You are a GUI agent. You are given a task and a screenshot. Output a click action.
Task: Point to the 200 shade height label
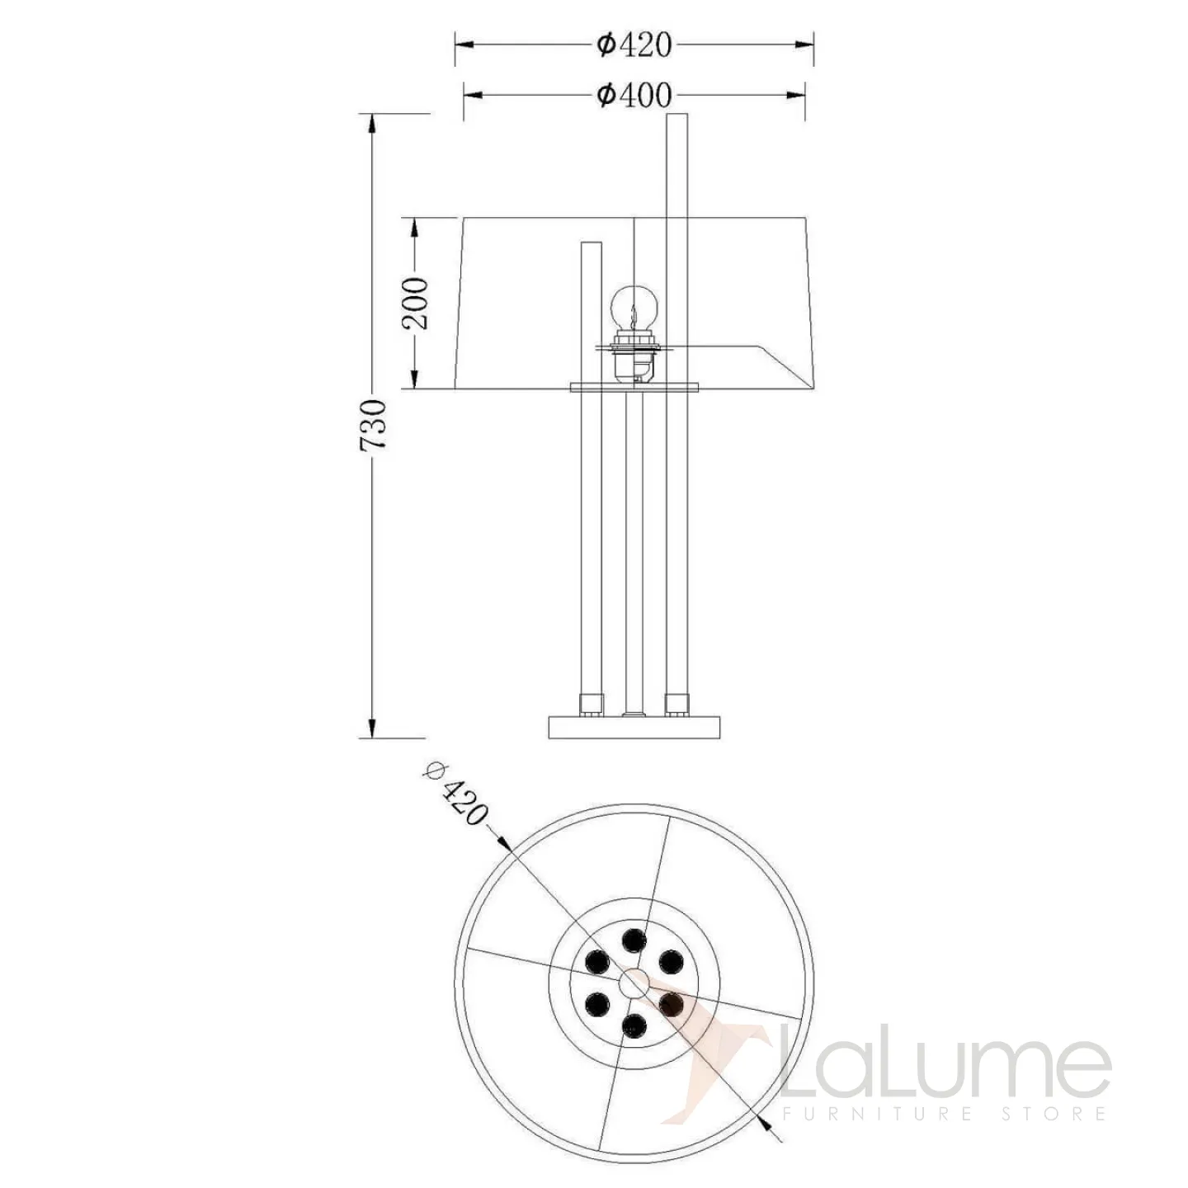click(414, 303)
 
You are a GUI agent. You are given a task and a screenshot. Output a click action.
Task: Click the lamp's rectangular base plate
click(634, 727)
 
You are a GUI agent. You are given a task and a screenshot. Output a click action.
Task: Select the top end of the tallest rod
click(677, 114)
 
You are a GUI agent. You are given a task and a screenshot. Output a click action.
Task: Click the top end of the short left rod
click(592, 243)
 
